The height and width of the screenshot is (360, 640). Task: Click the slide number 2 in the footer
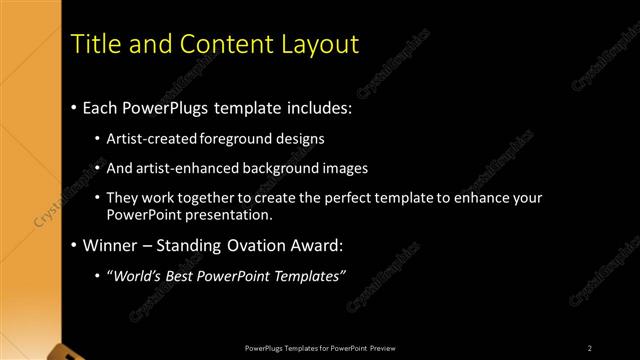click(590, 347)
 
